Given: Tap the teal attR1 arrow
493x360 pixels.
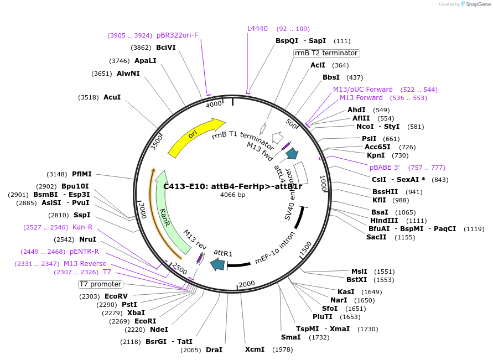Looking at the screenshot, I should [x=218, y=264].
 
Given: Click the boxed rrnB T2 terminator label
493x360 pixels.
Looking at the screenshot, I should [x=326, y=53].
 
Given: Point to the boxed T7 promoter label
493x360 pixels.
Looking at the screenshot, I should [x=100, y=284].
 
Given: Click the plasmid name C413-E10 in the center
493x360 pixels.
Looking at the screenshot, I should [x=232, y=186].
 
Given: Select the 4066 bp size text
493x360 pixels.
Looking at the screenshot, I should [x=232, y=195].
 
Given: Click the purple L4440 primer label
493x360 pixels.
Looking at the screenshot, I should [x=257, y=29].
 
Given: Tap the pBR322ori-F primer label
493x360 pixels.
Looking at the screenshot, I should [x=177, y=35].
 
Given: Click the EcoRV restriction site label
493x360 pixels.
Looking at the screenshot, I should [x=116, y=296].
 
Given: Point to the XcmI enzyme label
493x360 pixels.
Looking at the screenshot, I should [x=255, y=349].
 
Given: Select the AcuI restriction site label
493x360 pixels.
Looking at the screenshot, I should [x=112, y=97].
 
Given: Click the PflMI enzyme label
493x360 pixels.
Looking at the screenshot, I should [x=81, y=174].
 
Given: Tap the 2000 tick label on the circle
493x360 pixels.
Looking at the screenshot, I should [x=247, y=284].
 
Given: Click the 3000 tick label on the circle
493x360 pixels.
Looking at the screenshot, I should [x=142, y=211].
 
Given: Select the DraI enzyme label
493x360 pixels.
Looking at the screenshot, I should [x=214, y=350].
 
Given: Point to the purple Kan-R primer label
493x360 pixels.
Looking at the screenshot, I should [x=82, y=227].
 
